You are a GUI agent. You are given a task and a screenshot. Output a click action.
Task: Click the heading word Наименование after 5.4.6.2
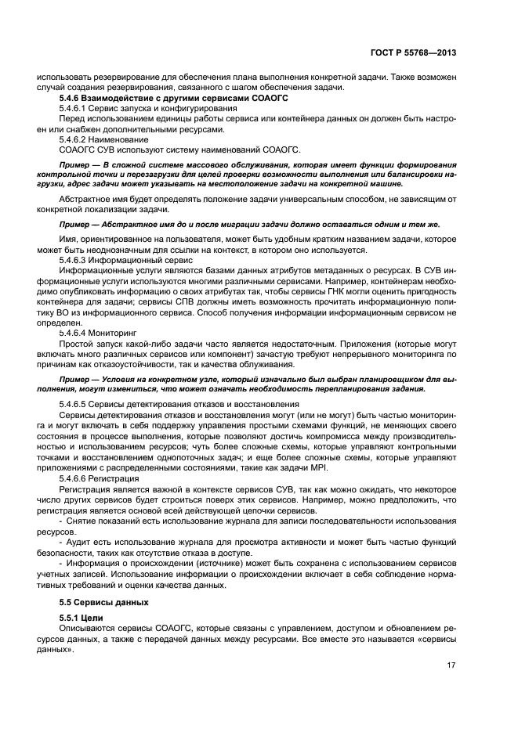(125, 139)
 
